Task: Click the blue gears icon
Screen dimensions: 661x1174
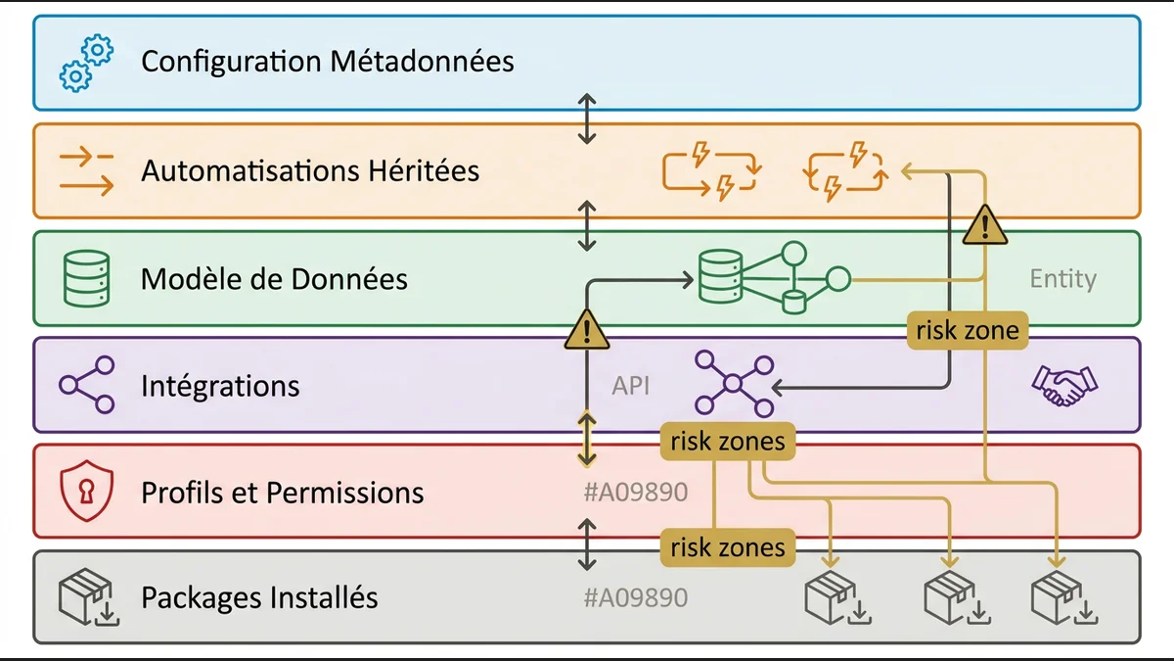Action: (86, 63)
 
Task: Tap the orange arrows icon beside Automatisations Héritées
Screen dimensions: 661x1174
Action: (86, 170)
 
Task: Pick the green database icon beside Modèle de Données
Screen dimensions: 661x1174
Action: (86, 278)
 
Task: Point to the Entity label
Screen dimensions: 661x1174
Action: (1062, 279)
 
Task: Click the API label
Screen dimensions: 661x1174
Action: (631, 386)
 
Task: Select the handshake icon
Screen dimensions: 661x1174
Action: (1064, 385)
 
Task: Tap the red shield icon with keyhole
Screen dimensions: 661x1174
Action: (86, 491)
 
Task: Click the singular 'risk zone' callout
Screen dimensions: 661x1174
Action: (968, 331)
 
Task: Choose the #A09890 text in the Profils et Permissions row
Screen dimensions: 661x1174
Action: (635, 492)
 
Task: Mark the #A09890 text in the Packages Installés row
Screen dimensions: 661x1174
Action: (635, 597)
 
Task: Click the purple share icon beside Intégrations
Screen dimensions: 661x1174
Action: (86, 385)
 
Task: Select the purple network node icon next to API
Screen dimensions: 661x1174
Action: (734, 385)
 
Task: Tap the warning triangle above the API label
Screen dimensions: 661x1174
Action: (587, 329)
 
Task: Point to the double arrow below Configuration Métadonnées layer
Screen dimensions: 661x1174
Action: (587, 118)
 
